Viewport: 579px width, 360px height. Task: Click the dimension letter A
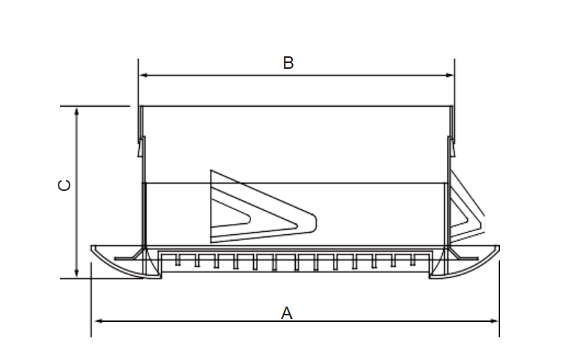pyautogui.click(x=286, y=313)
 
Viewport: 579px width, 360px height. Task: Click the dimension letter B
pyautogui.click(x=288, y=63)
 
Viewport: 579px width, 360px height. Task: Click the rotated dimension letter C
pyautogui.click(x=64, y=185)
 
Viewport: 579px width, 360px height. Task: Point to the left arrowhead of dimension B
pyautogui.click(x=144, y=75)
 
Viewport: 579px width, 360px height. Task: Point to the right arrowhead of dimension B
pyautogui.click(x=449, y=75)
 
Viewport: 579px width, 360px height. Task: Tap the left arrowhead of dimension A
pyautogui.click(x=98, y=321)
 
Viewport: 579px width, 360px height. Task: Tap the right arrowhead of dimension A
pyautogui.click(x=493, y=321)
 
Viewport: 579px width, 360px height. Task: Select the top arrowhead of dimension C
pyautogui.click(x=76, y=112)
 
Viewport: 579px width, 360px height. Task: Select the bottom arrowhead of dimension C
pyautogui.click(x=76, y=272)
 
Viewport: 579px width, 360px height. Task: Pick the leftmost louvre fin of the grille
pyautogui.click(x=178, y=260)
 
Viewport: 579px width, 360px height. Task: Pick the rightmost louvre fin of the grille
pyautogui.click(x=413, y=260)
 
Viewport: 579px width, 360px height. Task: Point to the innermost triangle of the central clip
pyautogui.click(x=230, y=214)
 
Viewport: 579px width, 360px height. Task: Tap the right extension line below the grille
pyautogui.click(x=499, y=299)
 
